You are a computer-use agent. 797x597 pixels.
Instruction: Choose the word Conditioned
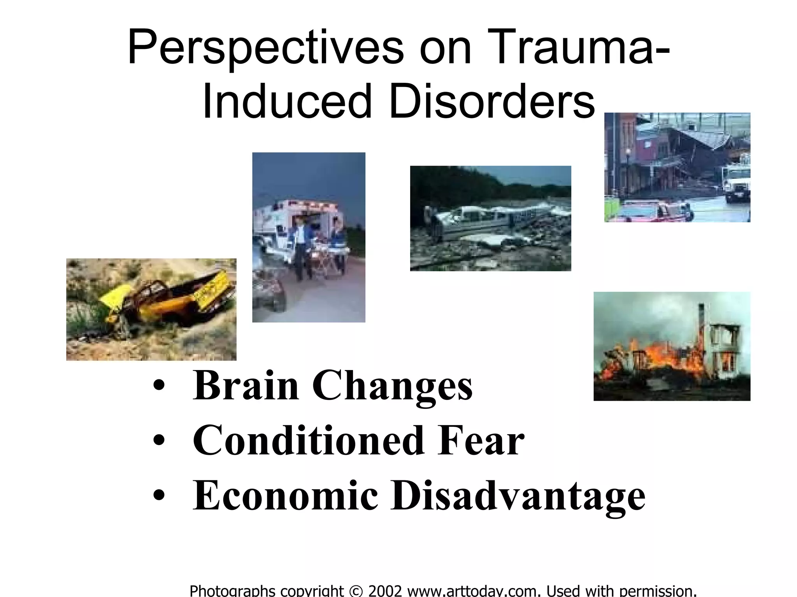(308, 441)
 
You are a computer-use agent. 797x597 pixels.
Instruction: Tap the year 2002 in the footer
(385, 590)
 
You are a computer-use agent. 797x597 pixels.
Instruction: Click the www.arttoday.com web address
(475, 590)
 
